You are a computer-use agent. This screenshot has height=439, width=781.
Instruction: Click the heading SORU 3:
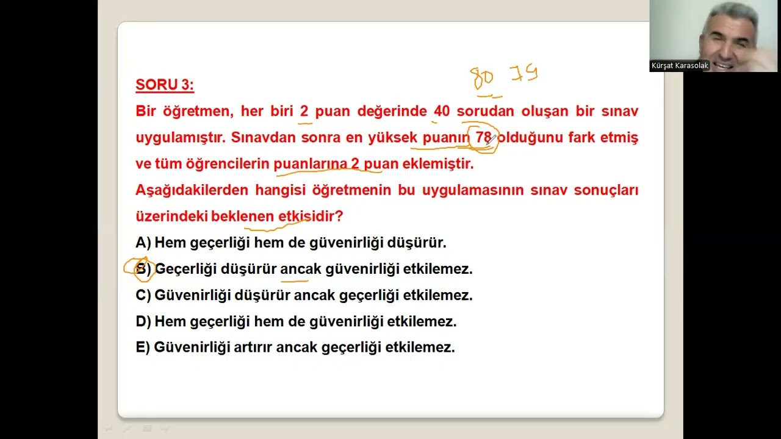click(165, 85)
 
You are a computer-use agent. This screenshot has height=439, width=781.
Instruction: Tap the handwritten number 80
click(482, 78)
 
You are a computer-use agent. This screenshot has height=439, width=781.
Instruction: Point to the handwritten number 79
click(524, 74)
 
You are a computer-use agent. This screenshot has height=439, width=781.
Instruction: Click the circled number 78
click(483, 138)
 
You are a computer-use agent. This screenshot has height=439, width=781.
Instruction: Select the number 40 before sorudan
click(441, 111)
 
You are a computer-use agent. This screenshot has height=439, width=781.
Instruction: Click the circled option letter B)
click(143, 269)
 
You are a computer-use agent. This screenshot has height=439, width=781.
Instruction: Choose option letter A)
click(143, 243)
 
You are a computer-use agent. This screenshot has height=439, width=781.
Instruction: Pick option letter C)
click(143, 295)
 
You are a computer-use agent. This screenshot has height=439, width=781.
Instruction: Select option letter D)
click(143, 321)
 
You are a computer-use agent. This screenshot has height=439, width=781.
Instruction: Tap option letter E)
click(142, 348)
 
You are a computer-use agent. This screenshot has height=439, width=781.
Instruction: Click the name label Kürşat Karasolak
click(680, 66)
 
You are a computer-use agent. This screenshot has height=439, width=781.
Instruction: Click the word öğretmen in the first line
click(197, 111)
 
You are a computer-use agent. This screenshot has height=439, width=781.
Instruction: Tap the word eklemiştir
click(446, 163)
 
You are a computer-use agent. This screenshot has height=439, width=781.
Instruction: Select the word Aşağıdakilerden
click(192, 190)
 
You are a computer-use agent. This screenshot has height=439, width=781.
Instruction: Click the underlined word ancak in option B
click(300, 269)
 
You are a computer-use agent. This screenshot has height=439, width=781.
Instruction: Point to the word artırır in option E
click(253, 348)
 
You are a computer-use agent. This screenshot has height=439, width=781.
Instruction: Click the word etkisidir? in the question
click(311, 216)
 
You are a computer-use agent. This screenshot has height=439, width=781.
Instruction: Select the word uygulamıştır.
click(181, 138)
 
